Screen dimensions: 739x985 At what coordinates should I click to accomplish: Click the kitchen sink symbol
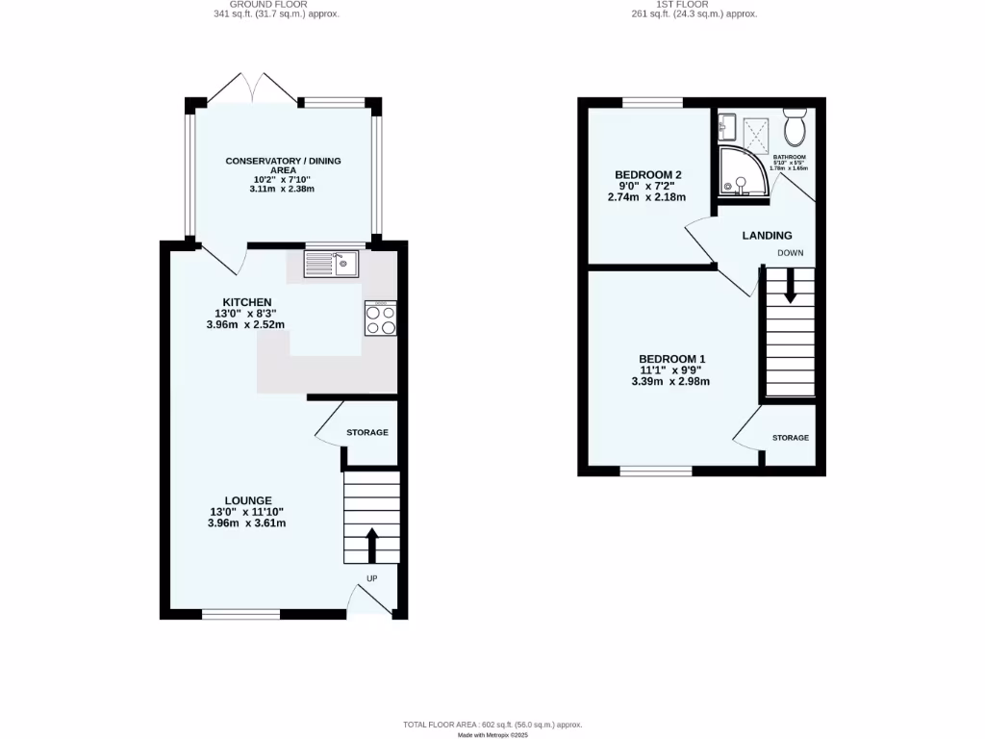click(x=330, y=262)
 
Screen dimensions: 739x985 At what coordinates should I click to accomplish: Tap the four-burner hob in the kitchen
click(x=381, y=318)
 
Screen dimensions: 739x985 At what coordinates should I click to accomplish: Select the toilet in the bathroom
click(x=795, y=126)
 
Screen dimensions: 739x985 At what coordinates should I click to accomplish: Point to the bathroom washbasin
click(x=727, y=125)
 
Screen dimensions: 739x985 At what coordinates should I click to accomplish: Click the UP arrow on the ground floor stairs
click(x=371, y=544)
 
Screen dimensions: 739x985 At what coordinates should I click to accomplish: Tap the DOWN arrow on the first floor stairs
click(x=790, y=286)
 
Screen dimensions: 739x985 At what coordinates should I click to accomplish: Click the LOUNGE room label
click(x=248, y=499)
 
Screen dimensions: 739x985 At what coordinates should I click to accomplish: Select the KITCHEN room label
click(x=241, y=302)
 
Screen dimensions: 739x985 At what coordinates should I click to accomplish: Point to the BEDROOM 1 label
click(x=666, y=360)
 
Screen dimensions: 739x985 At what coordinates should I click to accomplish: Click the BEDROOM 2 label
click(x=648, y=174)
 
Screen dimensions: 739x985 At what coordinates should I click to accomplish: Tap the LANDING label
click(x=767, y=236)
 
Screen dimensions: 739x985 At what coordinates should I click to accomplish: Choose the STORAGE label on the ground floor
click(x=367, y=433)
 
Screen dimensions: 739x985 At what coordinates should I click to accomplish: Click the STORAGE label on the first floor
click(x=790, y=438)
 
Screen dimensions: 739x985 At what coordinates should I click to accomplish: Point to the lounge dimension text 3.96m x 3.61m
click(x=246, y=523)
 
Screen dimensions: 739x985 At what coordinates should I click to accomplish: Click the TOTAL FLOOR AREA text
click(x=492, y=725)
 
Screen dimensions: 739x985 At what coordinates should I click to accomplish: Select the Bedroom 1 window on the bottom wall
click(x=655, y=471)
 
